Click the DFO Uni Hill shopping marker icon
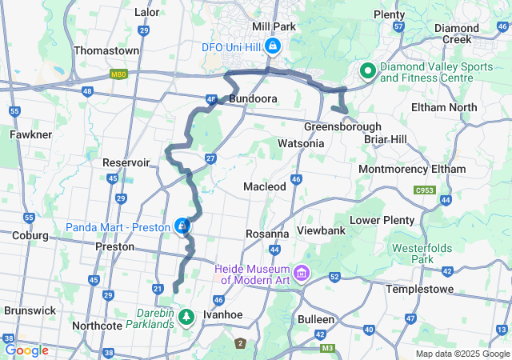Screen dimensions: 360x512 [274, 46]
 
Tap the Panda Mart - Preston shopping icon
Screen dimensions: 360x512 [183, 227]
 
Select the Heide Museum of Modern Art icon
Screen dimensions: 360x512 [302, 274]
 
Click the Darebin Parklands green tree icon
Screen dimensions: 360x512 [186, 317]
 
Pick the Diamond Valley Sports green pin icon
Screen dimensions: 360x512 [368, 71]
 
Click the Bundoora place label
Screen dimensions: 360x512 [253, 98]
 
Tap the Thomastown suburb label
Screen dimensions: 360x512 [106, 50]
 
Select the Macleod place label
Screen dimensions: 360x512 [265, 186]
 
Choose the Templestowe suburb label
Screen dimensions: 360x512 [419, 289]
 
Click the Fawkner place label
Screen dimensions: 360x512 [30, 134]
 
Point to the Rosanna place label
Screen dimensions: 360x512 [266, 234]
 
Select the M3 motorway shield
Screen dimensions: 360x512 [326, 349]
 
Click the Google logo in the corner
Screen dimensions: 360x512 [26, 350]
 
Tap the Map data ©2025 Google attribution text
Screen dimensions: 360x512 [462, 354]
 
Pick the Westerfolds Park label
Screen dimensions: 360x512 [422, 254]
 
